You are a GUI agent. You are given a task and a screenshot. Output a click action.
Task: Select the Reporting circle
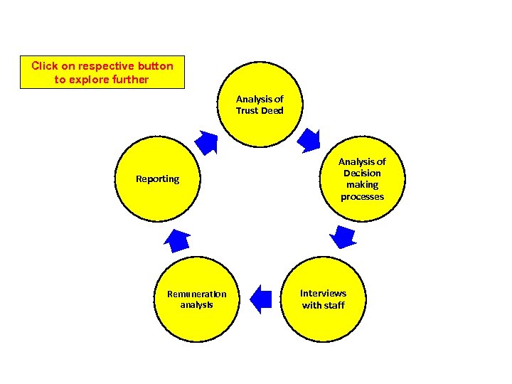pos(158,178)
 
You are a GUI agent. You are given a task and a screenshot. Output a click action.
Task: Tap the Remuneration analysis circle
pos(196,299)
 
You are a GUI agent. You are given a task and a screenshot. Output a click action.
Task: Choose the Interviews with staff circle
pos(323,299)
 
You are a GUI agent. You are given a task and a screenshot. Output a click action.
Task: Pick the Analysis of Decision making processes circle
pos(361,178)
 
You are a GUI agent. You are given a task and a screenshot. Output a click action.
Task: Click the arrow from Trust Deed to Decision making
pos(309,141)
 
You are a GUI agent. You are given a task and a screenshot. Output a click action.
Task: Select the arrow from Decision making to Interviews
pos(344,237)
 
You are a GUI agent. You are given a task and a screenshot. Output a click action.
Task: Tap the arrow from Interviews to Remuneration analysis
pos(261,299)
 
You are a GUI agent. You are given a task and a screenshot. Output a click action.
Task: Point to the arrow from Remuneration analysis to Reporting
pos(176,241)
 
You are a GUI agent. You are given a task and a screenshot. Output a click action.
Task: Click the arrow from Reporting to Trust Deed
pos(207,142)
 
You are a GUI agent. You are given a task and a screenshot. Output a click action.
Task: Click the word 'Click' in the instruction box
pos(44,66)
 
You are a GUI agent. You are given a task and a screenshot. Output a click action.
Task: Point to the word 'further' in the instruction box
pos(129,80)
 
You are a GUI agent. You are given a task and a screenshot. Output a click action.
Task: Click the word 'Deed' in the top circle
pos(271,110)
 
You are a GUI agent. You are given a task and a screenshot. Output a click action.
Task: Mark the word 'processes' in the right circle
pos(362,197)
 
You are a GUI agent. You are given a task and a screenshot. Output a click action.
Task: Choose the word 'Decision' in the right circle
pos(362,173)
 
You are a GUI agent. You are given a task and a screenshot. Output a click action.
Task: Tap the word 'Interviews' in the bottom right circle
pos(323,293)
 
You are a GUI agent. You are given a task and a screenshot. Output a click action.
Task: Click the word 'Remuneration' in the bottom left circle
pos(196,294)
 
